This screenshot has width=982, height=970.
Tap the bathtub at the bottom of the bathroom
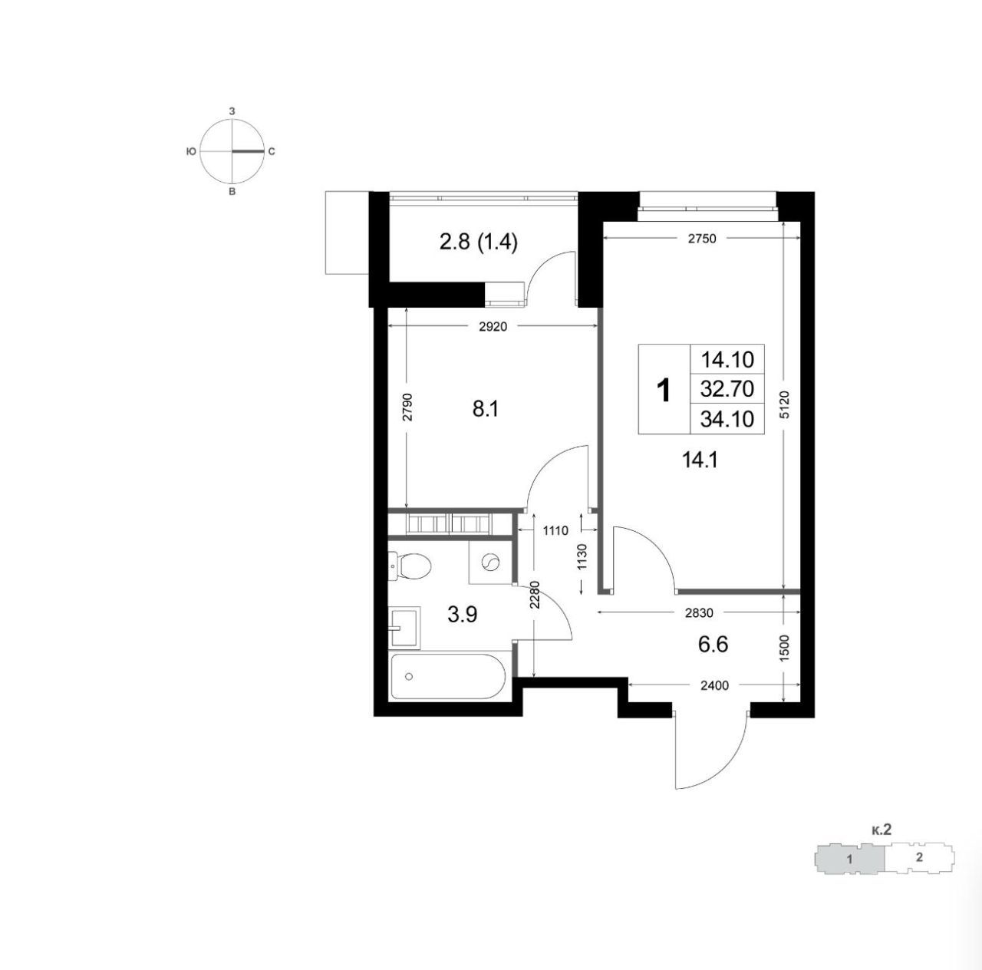(448, 676)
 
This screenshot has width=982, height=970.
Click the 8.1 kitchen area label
(485, 408)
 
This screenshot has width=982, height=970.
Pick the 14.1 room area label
(700, 460)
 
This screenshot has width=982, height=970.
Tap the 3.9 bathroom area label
(462, 615)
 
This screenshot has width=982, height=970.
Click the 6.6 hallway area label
(713, 645)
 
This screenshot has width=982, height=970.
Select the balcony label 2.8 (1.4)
(478, 242)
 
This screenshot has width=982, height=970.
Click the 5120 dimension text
(784, 404)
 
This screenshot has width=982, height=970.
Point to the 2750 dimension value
(702, 239)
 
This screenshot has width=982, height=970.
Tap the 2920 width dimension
(493, 327)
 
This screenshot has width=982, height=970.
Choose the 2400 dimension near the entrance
(714, 685)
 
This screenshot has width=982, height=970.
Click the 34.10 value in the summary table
(727, 419)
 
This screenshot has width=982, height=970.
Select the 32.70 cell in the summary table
(727, 389)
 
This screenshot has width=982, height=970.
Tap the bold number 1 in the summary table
(664, 391)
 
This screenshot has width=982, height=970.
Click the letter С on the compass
(272, 151)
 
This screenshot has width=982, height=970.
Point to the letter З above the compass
(232, 111)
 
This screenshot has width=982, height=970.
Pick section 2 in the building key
(919, 857)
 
